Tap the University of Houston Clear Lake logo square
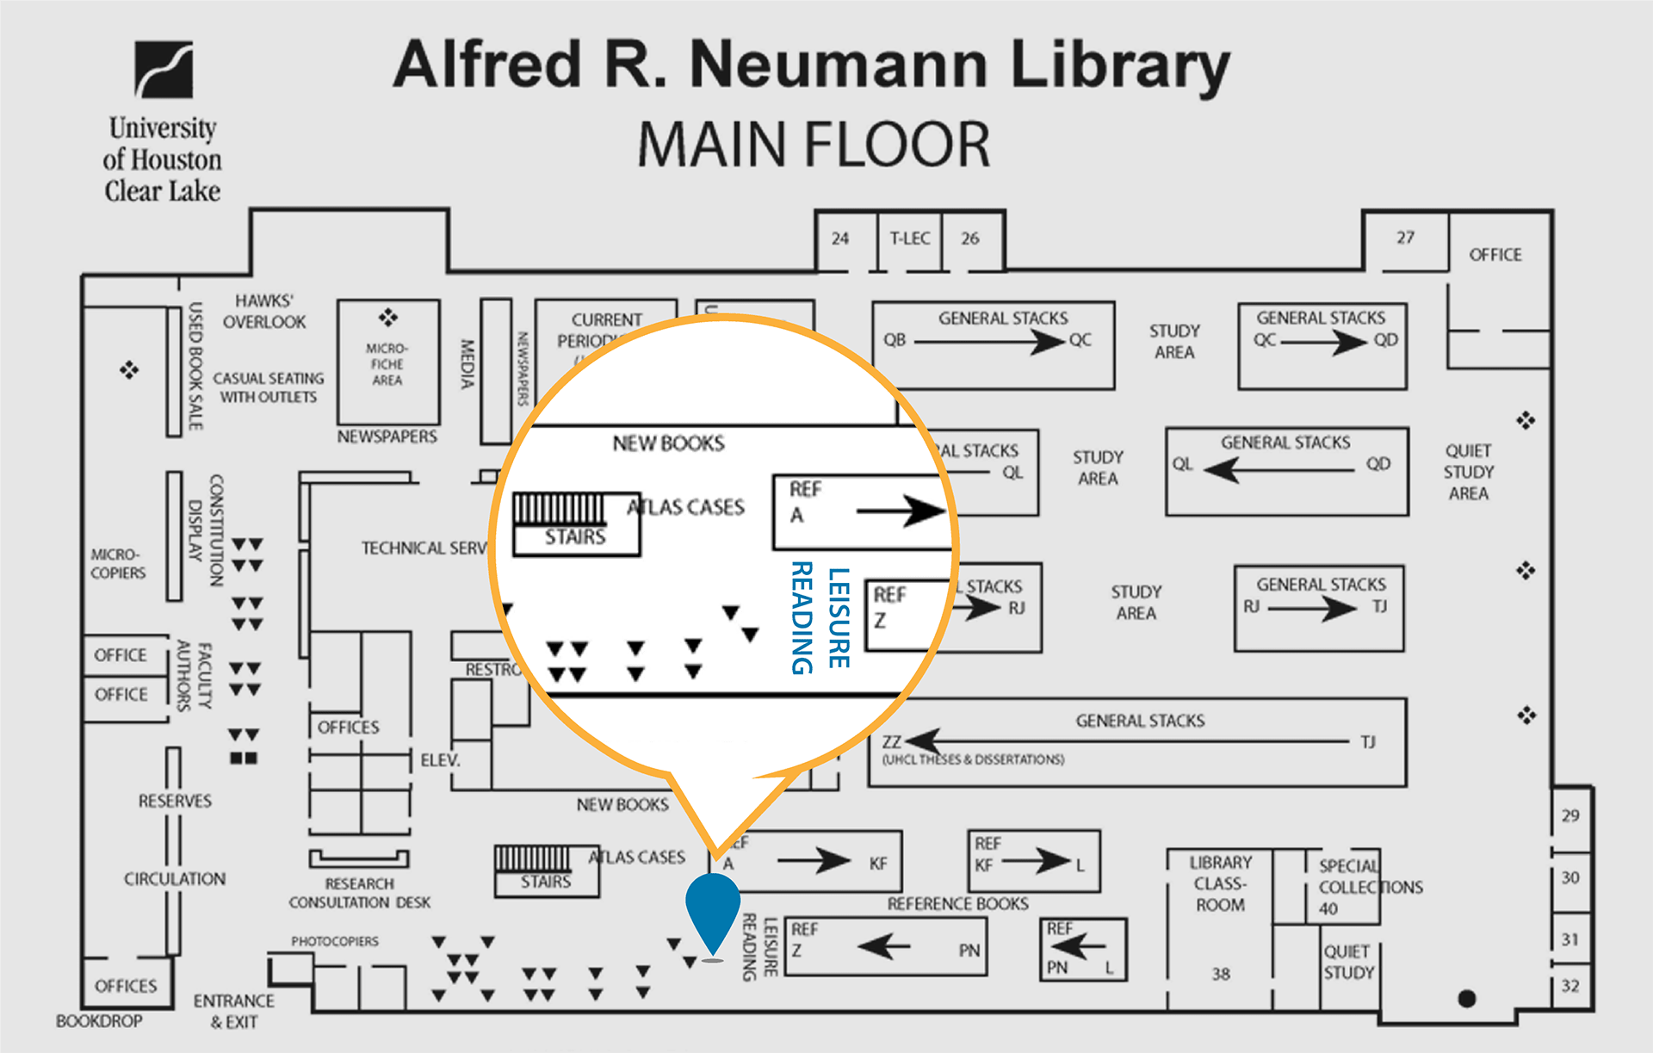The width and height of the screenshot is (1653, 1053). pos(164,70)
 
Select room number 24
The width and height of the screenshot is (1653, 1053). pos(840,238)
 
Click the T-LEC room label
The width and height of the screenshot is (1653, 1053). pos(910,238)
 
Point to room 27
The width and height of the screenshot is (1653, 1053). pos(1405,238)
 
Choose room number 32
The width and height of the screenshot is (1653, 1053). pos(1570,986)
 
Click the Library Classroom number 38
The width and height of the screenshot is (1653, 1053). pos(1221,974)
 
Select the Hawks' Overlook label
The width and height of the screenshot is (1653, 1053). pos(264,311)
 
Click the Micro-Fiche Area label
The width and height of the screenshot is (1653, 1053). pos(387,364)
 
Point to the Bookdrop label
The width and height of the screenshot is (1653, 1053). pos(99,1021)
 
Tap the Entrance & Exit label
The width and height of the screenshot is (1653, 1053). pos(234,1012)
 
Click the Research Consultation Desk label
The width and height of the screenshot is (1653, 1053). pos(360,893)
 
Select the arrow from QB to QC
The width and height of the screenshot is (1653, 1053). pos(989,342)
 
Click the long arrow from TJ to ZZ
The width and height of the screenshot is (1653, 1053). pos(1128,741)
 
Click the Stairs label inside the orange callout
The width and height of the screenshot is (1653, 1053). pos(575,537)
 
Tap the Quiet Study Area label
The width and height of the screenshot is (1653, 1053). pos(1469,472)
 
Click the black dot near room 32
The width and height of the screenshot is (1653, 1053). pos(1467,999)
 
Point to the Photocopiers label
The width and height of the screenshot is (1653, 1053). pos(335,941)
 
